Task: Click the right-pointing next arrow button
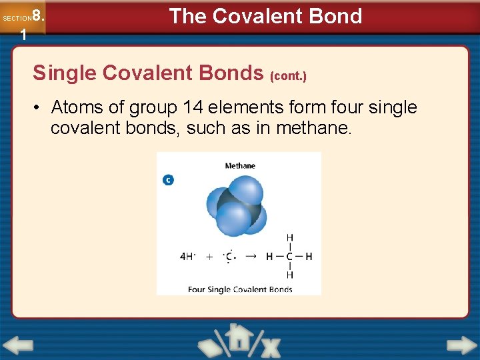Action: point(461,345)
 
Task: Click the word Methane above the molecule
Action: point(240,166)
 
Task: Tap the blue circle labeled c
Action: point(168,180)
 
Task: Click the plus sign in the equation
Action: point(209,256)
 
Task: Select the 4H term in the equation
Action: point(187,256)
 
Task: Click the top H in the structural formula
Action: point(289,237)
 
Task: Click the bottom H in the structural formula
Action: point(289,275)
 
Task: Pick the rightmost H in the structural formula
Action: point(309,256)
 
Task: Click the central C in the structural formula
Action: point(289,256)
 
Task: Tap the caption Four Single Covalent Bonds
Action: point(240,289)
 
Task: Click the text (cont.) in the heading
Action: point(288,77)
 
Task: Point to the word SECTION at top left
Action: point(16,18)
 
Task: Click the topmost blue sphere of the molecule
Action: point(245,189)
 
